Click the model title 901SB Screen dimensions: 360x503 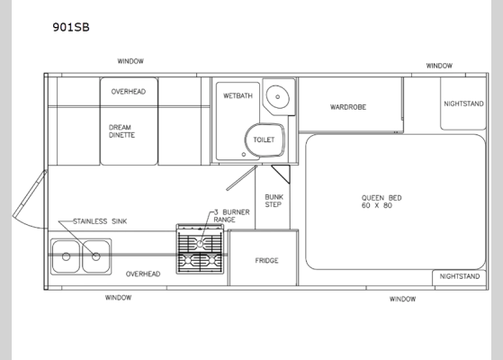[71, 27]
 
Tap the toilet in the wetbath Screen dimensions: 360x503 [262, 140]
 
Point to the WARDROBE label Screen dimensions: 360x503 [347, 106]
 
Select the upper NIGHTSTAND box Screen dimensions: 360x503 [463, 103]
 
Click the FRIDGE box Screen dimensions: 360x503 [266, 260]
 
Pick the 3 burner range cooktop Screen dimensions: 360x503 [200, 249]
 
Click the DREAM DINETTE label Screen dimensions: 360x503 [127, 133]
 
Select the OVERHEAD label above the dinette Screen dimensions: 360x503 [128, 92]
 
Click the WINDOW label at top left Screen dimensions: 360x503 [130, 61]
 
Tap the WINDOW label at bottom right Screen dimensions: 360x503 [402, 299]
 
